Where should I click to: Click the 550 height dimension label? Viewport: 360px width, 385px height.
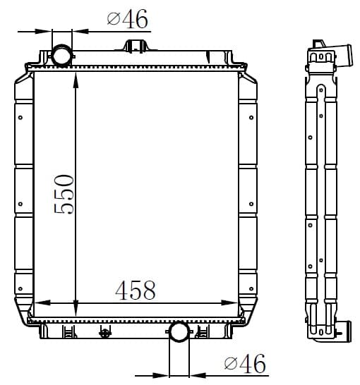pos(64,194)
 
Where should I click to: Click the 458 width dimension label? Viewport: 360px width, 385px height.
pos(136,291)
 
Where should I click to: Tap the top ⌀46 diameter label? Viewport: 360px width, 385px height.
pos(128,18)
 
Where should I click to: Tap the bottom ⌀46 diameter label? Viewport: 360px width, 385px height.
pos(245,363)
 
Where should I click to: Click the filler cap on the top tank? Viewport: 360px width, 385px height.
pos(136,47)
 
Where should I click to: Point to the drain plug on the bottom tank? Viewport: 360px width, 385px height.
pos(105,333)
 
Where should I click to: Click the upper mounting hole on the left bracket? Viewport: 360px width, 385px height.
pos(20,118)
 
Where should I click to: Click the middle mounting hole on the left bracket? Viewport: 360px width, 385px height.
pos(20,204)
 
